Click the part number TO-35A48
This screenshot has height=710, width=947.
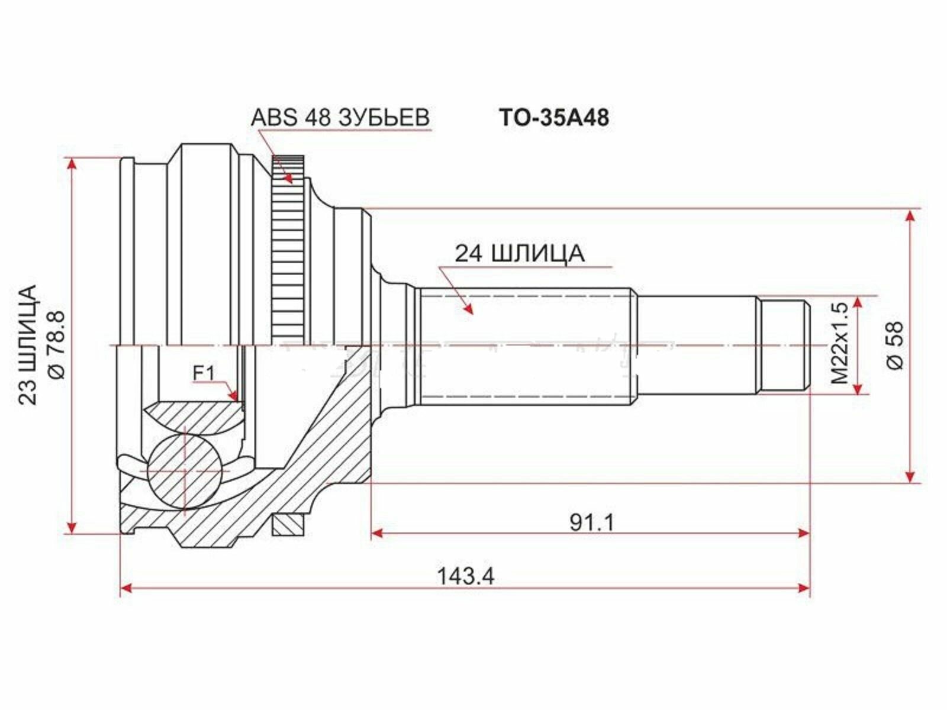[x=553, y=117]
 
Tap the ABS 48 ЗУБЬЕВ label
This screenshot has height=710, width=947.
[x=340, y=117]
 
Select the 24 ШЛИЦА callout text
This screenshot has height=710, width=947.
[x=520, y=253]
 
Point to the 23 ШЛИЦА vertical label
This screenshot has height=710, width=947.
[x=28, y=344]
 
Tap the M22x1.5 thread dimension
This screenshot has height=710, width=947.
[x=839, y=343]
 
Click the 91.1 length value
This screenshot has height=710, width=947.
[x=591, y=522]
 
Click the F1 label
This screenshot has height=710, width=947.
[x=203, y=373]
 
